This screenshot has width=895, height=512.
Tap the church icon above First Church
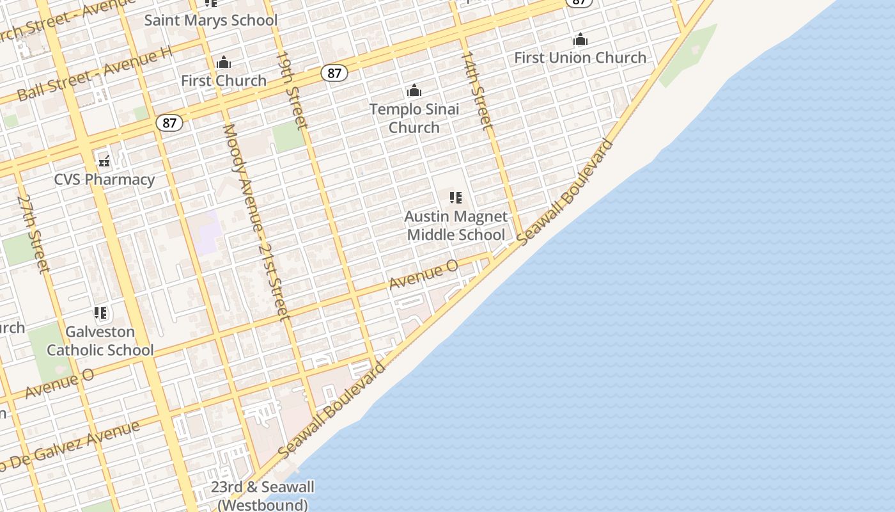(x=223, y=63)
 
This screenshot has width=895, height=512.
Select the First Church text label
(x=223, y=81)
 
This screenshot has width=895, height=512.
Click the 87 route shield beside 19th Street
(x=334, y=73)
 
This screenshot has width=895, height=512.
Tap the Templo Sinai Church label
(x=414, y=118)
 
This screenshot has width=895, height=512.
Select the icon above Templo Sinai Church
(x=414, y=90)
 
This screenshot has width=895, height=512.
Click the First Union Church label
(x=580, y=58)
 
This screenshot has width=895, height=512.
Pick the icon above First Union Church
(x=580, y=40)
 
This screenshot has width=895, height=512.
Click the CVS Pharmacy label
(x=104, y=179)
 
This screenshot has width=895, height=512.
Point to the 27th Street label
(x=33, y=234)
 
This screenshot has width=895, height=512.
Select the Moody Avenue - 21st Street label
(x=256, y=221)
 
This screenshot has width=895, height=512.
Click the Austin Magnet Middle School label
(x=456, y=226)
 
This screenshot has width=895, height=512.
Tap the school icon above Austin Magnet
(x=456, y=198)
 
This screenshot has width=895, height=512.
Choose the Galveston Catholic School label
(x=100, y=341)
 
